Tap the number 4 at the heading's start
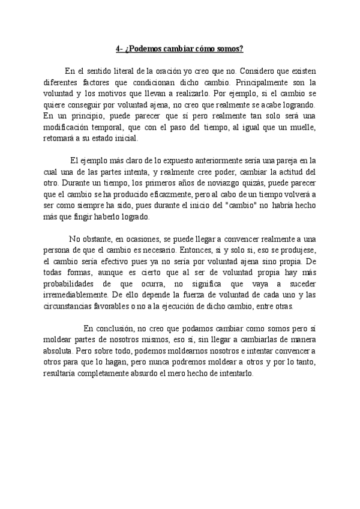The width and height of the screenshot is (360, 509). point(118,49)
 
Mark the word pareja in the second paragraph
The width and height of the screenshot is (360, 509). point(274,160)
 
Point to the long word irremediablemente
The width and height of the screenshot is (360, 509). point(75,295)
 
